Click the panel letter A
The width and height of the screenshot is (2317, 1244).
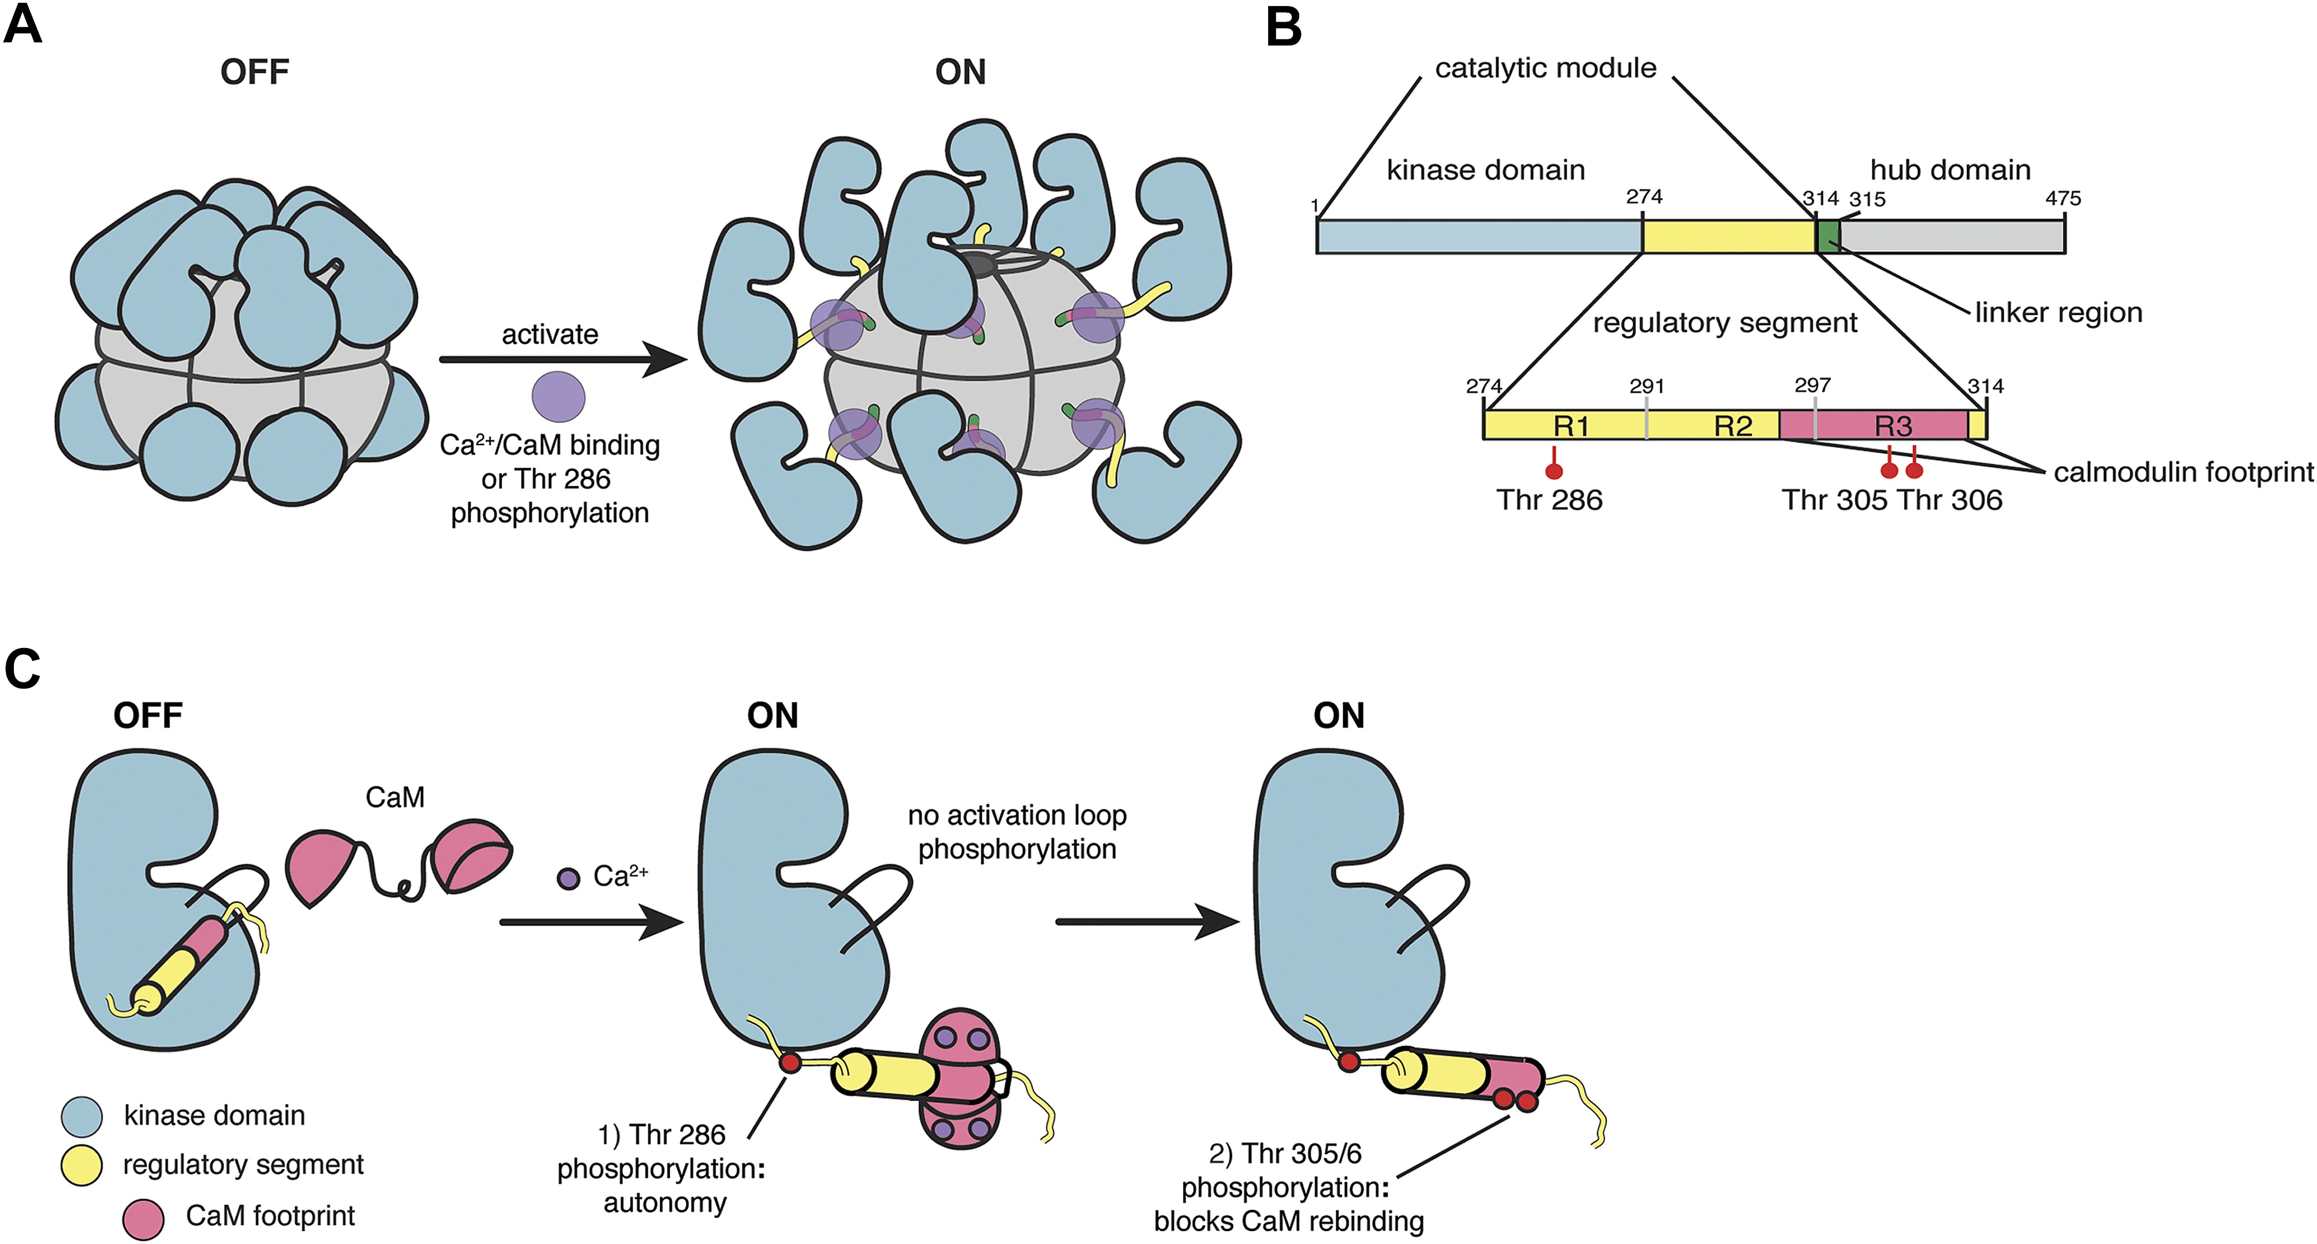23,24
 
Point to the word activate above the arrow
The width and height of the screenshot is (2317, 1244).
549,335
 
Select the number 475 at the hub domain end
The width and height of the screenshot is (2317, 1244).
2062,198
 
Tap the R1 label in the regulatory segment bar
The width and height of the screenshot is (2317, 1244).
1571,425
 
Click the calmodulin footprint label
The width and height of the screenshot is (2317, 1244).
2183,472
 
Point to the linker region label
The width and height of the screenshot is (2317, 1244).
2058,312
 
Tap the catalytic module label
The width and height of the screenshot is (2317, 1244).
1544,68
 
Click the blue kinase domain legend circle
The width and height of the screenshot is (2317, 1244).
81,1116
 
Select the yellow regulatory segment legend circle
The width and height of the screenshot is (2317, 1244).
81,1165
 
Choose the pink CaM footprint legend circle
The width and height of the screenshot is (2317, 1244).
143,1218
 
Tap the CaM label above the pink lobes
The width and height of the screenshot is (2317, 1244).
395,797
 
